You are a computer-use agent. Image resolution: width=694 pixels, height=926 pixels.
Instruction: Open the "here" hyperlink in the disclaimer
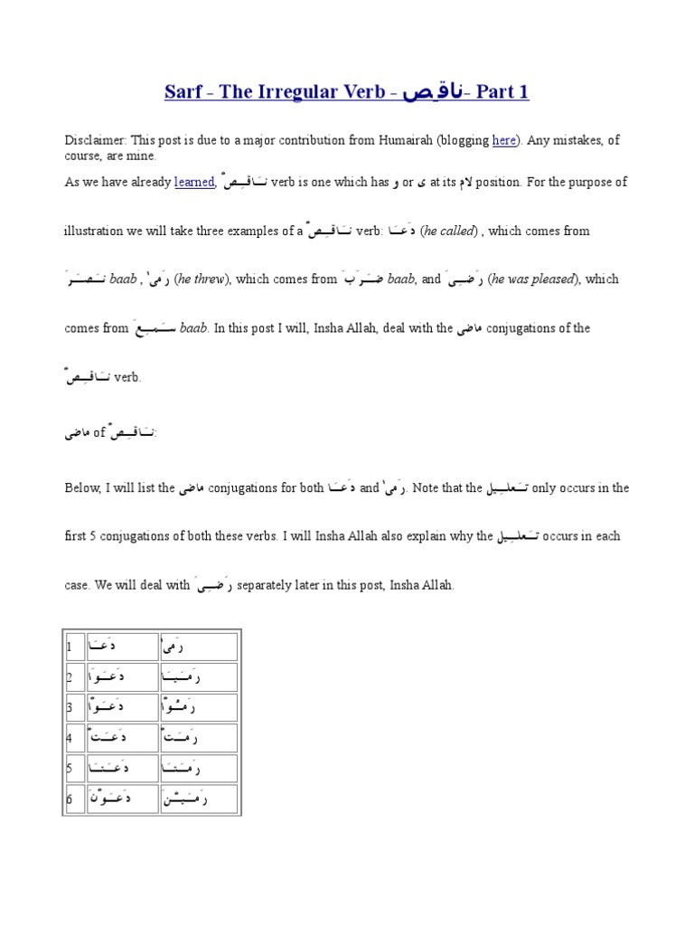pyautogui.click(x=503, y=140)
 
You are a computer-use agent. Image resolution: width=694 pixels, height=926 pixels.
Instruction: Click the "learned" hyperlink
pyautogui.click(x=194, y=182)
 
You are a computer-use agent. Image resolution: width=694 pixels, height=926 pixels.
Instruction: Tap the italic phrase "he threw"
pyautogui.click(x=202, y=279)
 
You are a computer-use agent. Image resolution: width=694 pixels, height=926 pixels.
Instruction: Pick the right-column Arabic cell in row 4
pyautogui.click(x=197, y=738)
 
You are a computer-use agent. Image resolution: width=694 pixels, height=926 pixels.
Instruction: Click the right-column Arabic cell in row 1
pyautogui.click(x=197, y=647)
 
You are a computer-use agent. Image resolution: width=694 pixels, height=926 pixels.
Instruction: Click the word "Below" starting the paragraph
pyautogui.click(x=83, y=487)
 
